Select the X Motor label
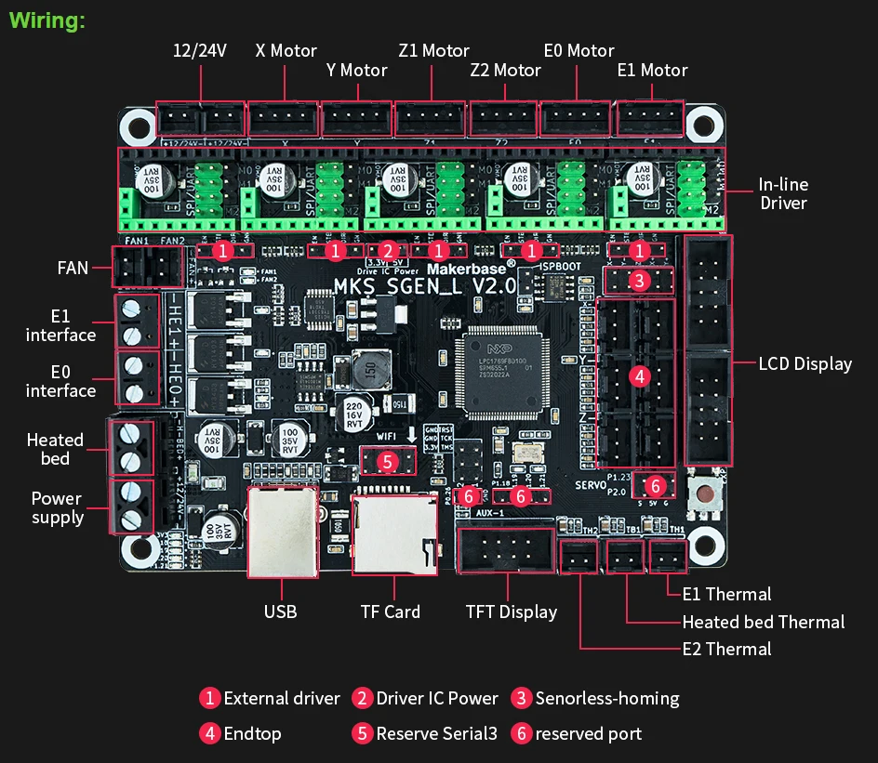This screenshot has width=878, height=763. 286,51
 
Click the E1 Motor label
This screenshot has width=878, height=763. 652,71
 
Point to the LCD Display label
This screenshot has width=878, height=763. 805,363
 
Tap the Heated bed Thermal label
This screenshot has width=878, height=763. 763,622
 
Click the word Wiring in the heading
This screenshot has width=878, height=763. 47,20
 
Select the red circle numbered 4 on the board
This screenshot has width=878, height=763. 639,376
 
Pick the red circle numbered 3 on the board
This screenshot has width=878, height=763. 638,281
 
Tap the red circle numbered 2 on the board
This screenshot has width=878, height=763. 388,250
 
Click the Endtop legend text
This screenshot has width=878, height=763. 252,733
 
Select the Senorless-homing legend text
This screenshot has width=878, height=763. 606,698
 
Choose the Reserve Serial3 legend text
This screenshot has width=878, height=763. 436,733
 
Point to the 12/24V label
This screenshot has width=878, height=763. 200,51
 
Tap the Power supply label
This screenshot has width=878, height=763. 57,507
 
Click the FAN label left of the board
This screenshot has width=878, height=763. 73,268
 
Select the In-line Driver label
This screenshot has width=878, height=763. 782,193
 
